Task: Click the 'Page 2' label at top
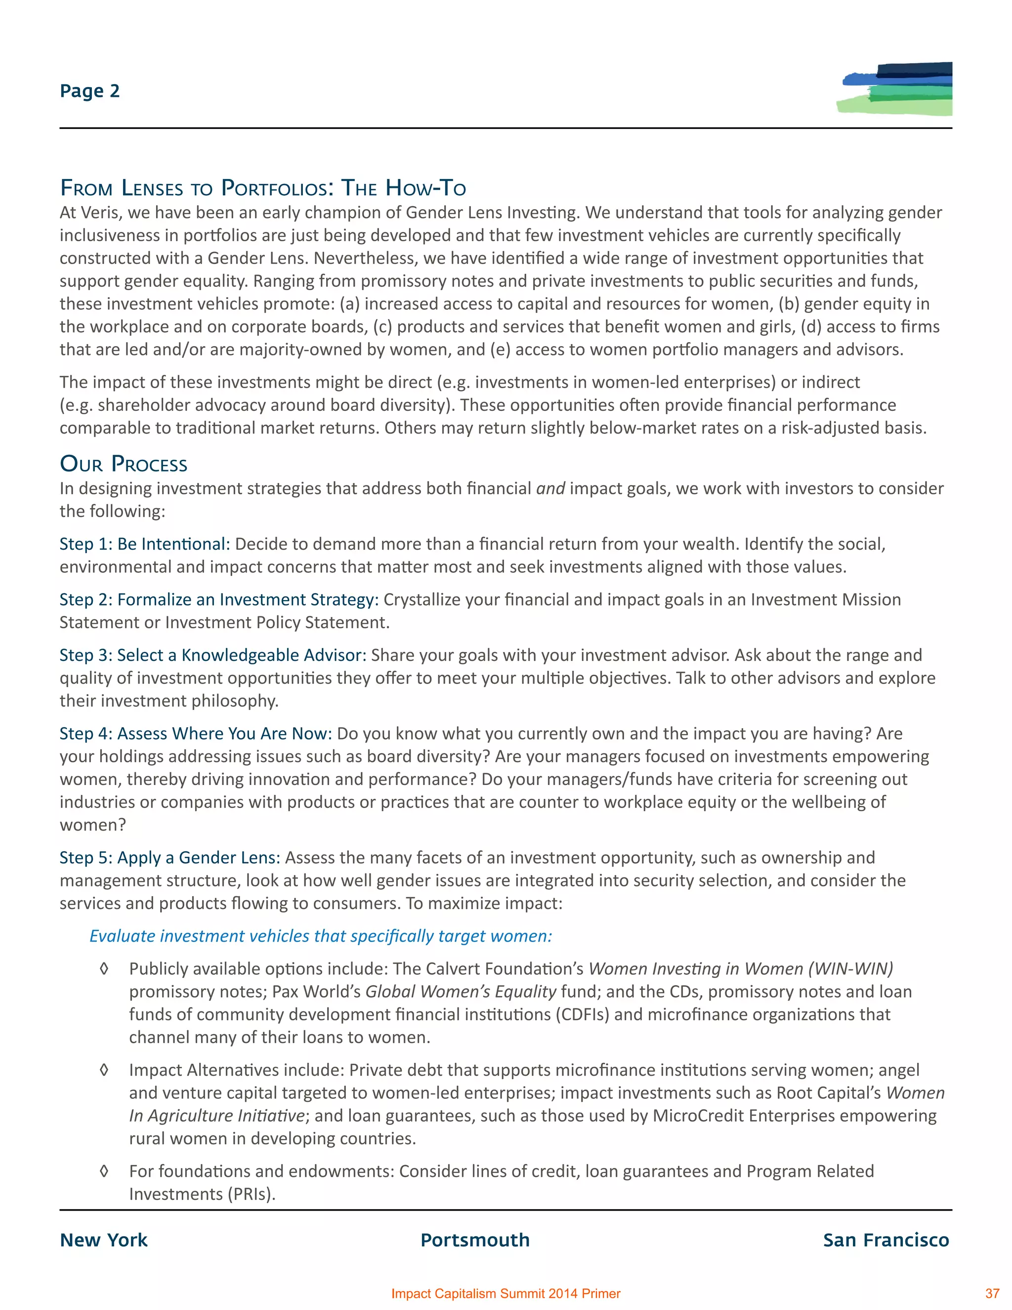tap(90, 91)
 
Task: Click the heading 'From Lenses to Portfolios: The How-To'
tap(262, 188)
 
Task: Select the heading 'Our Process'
tap(124, 464)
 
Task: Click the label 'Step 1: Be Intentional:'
tap(144, 544)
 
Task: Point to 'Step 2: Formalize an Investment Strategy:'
tap(219, 600)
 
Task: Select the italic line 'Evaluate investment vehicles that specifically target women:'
tap(321, 936)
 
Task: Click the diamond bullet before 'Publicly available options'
tap(104, 969)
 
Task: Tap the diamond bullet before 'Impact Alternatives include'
tap(104, 1070)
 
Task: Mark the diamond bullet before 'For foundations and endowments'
tap(104, 1172)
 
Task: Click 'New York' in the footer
tap(104, 1240)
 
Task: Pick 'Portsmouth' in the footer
tap(475, 1240)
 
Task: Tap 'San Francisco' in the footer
tap(885, 1240)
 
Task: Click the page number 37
tap(992, 1294)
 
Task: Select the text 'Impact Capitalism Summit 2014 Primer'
tap(506, 1294)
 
